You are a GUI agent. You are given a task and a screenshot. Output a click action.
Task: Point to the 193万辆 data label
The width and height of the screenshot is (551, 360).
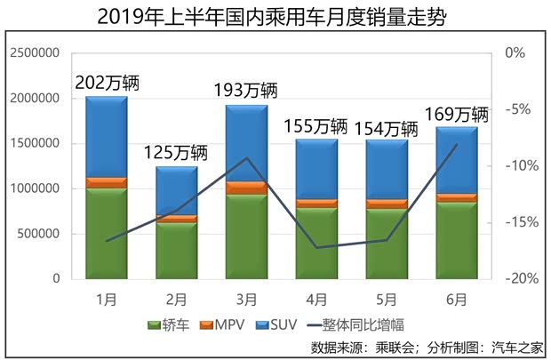click(x=246, y=91)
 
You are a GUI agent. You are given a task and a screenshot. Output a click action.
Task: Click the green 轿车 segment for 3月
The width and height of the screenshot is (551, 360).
click(x=246, y=236)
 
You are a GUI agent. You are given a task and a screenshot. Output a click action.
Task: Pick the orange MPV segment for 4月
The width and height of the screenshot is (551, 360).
click(x=316, y=204)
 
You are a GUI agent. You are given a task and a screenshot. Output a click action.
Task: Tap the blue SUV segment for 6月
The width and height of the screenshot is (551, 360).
click(x=456, y=160)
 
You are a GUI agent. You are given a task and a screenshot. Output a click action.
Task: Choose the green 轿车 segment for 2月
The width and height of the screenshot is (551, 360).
click(x=177, y=250)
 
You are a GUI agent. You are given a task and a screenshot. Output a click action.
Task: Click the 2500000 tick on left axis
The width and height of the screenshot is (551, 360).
click(x=34, y=53)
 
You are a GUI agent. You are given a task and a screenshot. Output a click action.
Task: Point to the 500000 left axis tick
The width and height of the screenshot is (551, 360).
click(x=37, y=234)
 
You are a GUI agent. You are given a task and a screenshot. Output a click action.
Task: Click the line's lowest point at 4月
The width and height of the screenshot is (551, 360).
click(x=316, y=247)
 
